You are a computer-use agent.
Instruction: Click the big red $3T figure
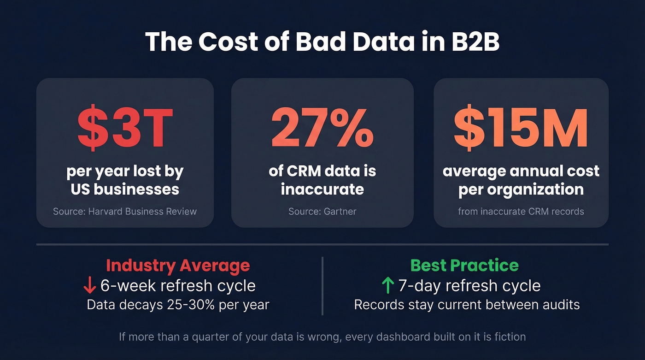pyautogui.click(x=125, y=128)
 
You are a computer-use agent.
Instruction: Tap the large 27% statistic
pyautogui.click(x=322, y=128)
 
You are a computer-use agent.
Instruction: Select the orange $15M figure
pyautogui.click(x=521, y=128)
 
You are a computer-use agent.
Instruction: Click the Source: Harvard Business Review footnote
pyautogui.click(x=125, y=212)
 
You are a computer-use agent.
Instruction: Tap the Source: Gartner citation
pyautogui.click(x=322, y=212)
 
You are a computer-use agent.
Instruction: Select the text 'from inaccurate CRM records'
pyautogui.click(x=521, y=212)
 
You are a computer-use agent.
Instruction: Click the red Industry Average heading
pyautogui.click(x=178, y=266)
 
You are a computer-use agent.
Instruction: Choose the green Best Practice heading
pyautogui.click(x=464, y=266)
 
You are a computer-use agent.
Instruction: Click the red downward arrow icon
pyautogui.click(x=89, y=286)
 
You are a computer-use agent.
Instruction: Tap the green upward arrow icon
pyautogui.click(x=388, y=286)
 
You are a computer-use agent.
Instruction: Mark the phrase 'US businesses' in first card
pyautogui.click(x=125, y=189)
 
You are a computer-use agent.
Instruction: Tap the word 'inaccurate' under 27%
pyautogui.click(x=322, y=189)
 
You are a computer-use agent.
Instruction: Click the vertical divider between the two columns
pyautogui.click(x=322, y=286)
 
